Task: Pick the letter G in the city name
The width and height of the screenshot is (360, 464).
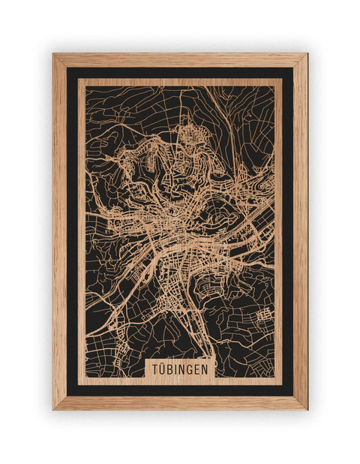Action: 190,369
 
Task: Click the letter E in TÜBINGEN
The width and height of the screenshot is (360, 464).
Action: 197,369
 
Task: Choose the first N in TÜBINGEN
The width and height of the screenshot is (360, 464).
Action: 181,369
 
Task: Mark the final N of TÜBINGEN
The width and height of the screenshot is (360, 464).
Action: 205,369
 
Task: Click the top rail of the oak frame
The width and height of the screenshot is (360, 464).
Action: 180,60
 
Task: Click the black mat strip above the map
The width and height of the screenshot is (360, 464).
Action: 180,73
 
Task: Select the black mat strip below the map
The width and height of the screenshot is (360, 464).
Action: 180,390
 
